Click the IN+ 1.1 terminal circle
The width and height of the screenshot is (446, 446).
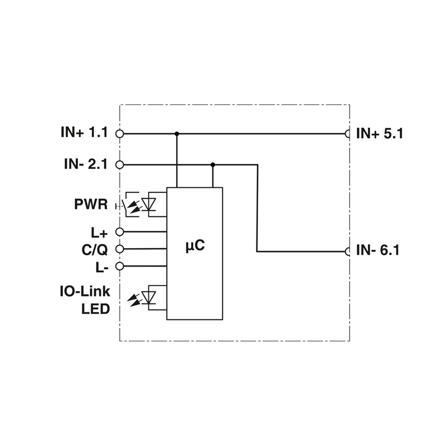pyautogui.click(x=120, y=133)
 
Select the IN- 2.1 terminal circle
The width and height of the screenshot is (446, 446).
pyautogui.click(x=120, y=164)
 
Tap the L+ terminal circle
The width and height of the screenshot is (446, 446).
pyautogui.click(x=120, y=232)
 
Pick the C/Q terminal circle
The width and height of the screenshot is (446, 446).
pyautogui.click(x=120, y=249)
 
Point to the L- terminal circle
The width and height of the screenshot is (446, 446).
pyautogui.click(x=120, y=266)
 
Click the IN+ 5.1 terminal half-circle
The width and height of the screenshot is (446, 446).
pyautogui.click(x=347, y=133)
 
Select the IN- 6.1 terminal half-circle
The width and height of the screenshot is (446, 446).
pyautogui.click(x=347, y=252)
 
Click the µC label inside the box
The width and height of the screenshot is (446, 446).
pyautogui.click(x=195, y=245)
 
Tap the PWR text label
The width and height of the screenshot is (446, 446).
pyautogui.click(x=91, y=204)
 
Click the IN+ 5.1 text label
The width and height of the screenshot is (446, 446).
pyautogui.click(x=380, y=133)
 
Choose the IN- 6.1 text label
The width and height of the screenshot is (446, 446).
pyautogui.click(x=378, y=250)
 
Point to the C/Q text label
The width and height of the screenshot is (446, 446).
pyautogui.click(x=95, y=250)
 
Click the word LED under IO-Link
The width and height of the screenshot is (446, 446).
pyautogui.click(x=95, y=309)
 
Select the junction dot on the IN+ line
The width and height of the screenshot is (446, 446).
pyautogui.click(x=177, y=133)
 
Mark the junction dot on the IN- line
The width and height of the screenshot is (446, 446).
pyautogui.click(x=213, y=164)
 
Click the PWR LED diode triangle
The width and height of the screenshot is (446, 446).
pyautogui.click(x=149, y=204)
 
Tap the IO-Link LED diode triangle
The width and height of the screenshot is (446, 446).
pyautogui.click(x=149, y=298)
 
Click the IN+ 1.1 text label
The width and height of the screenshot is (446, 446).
pyautogui.click(x=85, y=133)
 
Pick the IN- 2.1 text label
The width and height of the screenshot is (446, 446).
pyautogui.click(x=86, y=164)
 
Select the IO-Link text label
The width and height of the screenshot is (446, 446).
pyautogui.click(x=85, y=292)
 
